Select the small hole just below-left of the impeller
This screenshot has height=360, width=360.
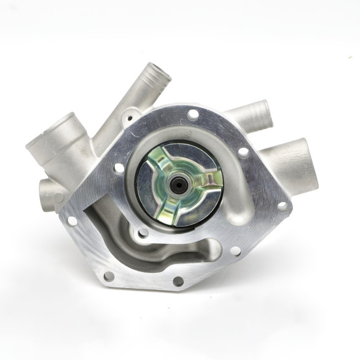click(143, 232)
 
